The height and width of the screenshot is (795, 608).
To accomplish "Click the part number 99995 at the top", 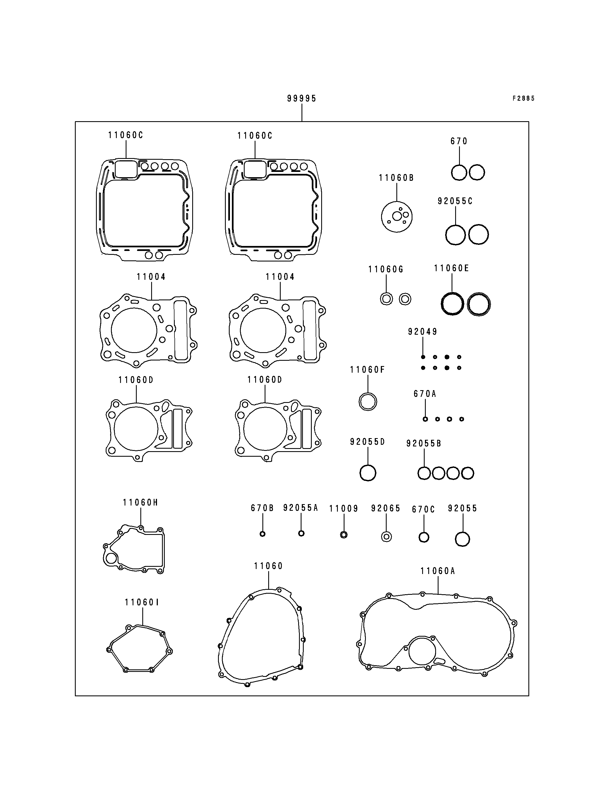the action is click(302, 98).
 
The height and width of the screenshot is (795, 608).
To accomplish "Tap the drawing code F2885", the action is click(523, 98).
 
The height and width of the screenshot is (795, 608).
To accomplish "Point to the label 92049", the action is click(422, 331).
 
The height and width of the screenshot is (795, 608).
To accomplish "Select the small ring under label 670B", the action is click(263, 534).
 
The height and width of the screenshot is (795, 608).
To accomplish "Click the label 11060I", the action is click(141, 602).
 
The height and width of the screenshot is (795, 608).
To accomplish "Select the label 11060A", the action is click(437, 571).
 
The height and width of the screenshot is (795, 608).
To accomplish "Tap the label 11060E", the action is click(451, 268).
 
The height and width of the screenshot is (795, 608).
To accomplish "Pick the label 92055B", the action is click(424, 443).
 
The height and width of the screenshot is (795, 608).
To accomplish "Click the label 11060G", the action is click(386, 269).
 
